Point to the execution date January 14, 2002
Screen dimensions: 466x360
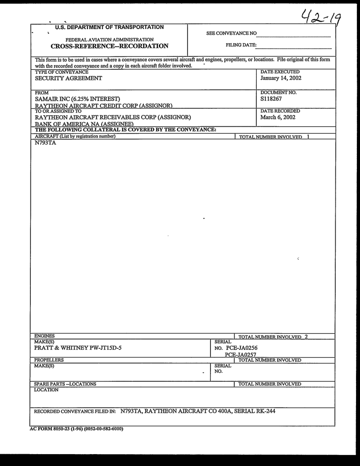pos(281,78)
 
